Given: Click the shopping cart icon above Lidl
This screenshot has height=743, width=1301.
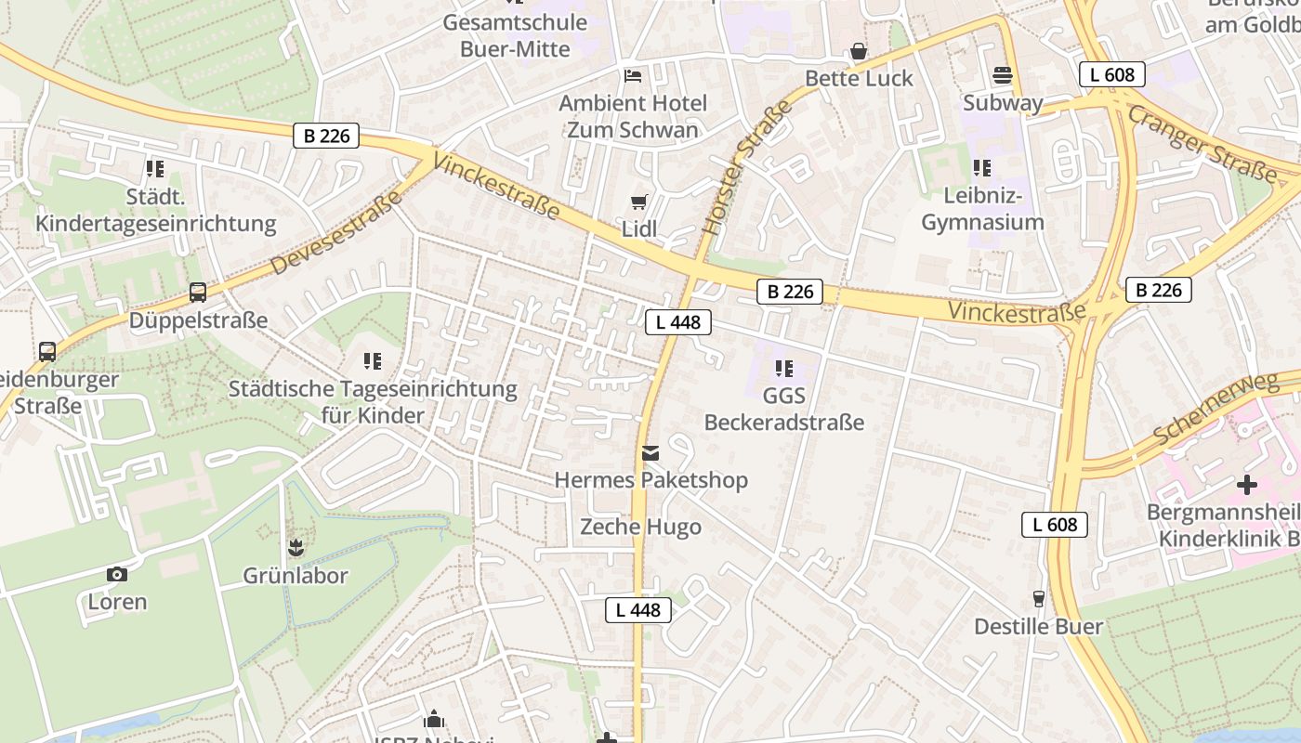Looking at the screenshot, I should pos(638,202).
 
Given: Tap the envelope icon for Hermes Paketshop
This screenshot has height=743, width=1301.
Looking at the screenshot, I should pos(650,453).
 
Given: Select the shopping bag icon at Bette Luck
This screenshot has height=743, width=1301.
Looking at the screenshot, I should pos(859,52).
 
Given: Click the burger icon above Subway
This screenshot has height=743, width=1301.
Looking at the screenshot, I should pos(1002,74).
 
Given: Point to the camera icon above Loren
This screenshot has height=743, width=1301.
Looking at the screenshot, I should pos(117,574).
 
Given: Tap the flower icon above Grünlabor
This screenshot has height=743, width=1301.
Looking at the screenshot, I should pos(296,547).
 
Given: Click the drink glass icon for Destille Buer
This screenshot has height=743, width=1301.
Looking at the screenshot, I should pos(1038,599).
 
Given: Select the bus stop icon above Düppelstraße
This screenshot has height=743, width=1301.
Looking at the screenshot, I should pos(198,293).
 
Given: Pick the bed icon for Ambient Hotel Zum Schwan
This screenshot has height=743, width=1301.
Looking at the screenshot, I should pos(633,75).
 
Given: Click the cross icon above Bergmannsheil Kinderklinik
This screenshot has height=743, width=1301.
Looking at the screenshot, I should pos(1246,485).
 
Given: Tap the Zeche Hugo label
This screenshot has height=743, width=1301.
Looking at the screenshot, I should pos(640,527).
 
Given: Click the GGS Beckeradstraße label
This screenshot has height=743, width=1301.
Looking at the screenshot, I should pos(783,410).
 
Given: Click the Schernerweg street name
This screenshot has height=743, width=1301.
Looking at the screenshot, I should pos(1216,410).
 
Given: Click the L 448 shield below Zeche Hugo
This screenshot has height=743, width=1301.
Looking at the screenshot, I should pos(638,610).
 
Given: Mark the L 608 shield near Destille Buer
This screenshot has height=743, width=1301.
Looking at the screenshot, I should pos(1055,525).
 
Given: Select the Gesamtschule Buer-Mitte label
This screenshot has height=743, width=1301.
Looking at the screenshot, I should pos(515,35).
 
